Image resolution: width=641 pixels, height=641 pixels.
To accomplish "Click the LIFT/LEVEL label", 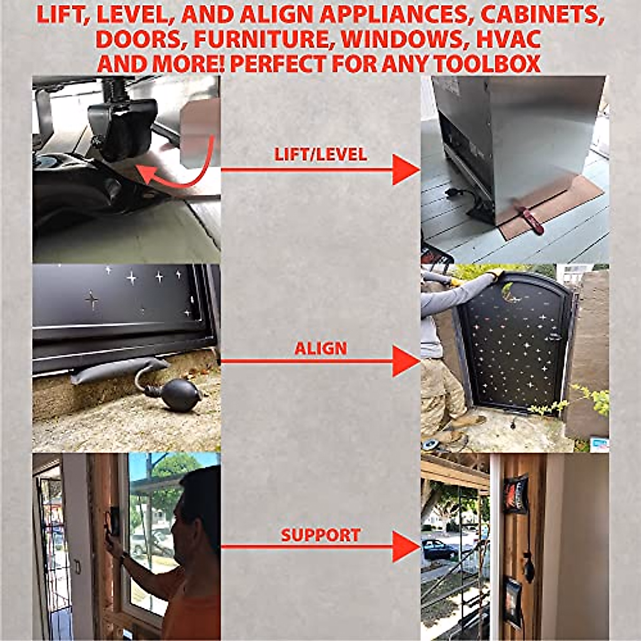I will point(320,154).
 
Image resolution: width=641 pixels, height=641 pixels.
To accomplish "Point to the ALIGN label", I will point(320,349).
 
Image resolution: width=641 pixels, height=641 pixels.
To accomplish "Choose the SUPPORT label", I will point(320,535).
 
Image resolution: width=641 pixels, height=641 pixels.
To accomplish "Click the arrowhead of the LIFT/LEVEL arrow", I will point(406,170).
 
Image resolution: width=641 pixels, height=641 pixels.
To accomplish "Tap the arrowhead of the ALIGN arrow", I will point(406,361).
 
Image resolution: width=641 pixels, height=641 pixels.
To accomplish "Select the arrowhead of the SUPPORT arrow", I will point(406,546).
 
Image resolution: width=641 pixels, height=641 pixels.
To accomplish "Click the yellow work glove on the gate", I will point(494,273).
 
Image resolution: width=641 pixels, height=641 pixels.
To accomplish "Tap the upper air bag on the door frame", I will point(515,495).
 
